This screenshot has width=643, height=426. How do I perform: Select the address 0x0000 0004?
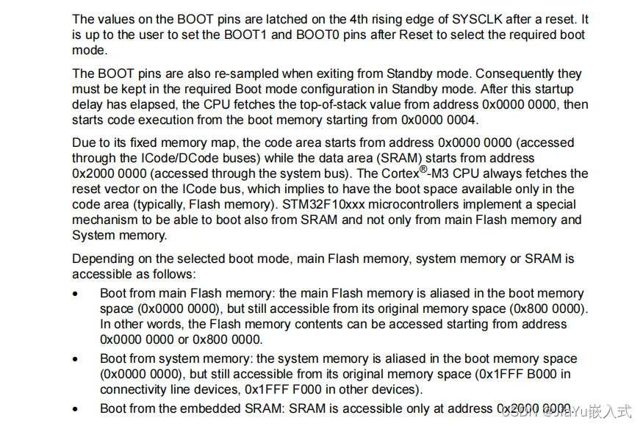click(439, 120)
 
